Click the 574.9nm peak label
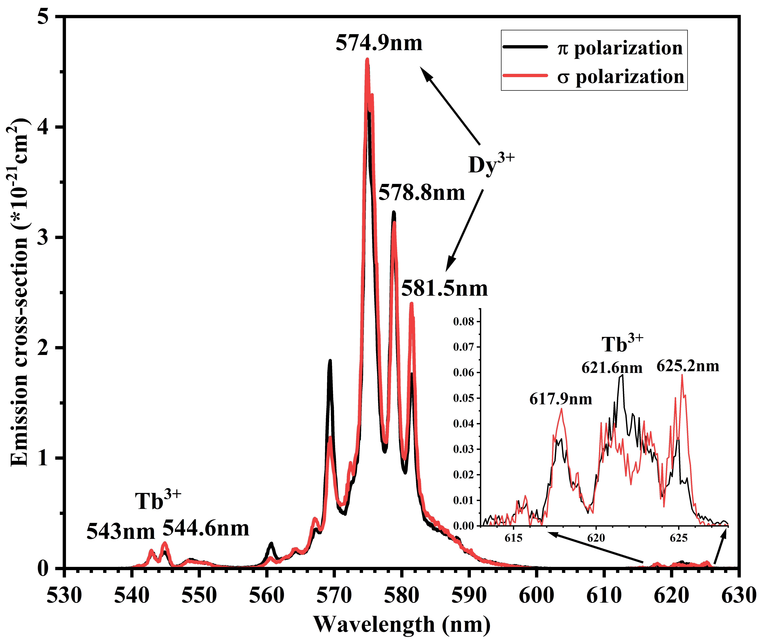(379, 43)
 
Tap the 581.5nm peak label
(445, 289)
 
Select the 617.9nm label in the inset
(560, 399)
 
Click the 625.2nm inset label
(688, 366)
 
